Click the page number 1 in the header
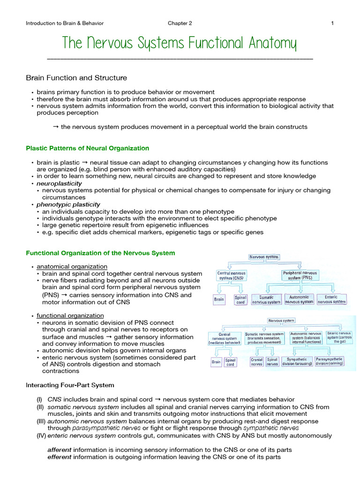click(332, 23)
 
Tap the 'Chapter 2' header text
click(180, 23)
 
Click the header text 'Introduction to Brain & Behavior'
click(65, 23)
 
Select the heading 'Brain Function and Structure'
click(76, 78)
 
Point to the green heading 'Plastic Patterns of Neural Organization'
click(87, 148)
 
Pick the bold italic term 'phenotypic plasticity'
click(68, 204)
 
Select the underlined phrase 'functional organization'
click(70, 315)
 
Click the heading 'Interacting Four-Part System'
click(70, 385)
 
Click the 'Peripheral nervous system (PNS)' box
click(300, 276)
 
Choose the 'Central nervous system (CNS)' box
click(231, 276)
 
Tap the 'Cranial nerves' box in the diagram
click(256, 361)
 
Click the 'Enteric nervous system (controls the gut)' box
click(340, 337)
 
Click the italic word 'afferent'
click(59, 450)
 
